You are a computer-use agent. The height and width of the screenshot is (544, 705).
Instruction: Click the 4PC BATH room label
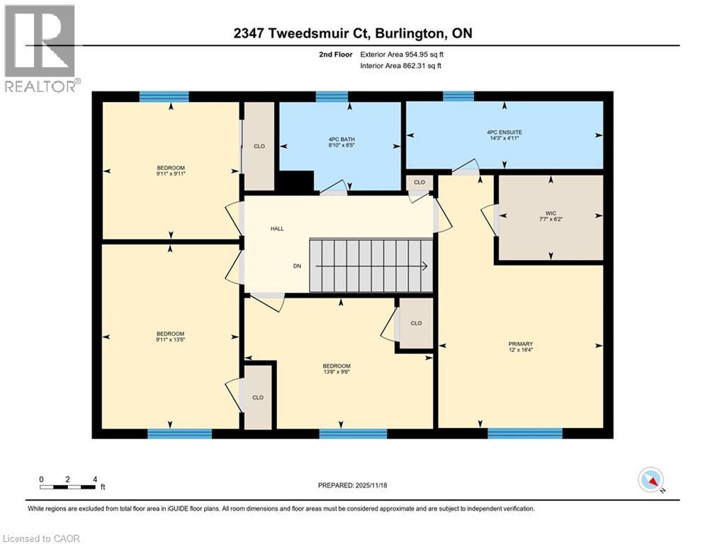pos(339,140)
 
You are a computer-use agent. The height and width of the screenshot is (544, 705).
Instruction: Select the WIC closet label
pos(551,213)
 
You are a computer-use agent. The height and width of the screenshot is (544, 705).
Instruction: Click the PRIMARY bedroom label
pos(521,344)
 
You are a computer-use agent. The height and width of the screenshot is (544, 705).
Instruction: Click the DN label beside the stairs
pos(297,266)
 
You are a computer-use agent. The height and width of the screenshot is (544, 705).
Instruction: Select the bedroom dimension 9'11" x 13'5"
pos(171,340)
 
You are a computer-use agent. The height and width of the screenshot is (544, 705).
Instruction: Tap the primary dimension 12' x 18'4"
pos(521,350)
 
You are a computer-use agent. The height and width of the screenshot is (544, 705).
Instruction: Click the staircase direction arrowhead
pos(424,266)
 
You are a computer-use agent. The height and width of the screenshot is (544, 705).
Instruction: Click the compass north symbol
pos(650,480)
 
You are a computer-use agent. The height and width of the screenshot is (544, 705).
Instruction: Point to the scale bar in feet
pos(68,487)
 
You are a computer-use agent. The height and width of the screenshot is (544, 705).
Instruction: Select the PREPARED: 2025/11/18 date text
pos(353,485)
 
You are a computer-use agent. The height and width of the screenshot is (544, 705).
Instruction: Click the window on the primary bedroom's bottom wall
pos(524,433)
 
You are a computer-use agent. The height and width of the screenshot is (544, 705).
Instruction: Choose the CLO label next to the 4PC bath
pos(419,183)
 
